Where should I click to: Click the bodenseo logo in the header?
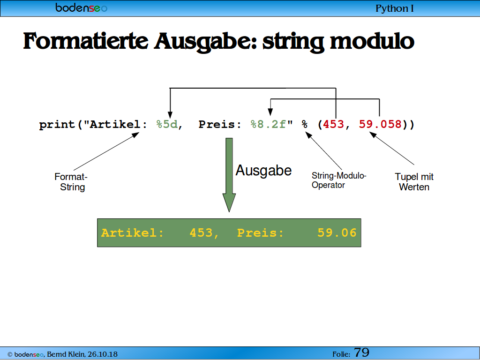[x=82, y=7]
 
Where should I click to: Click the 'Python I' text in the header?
[x=394, y=8]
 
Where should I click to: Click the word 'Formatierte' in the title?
[x=86, y=41]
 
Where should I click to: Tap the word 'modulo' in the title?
[x=372, y=41]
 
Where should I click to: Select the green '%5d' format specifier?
[x=167, y=124]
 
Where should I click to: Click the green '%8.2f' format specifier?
[x=268, y=124]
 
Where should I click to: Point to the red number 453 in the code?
[x=333, y=124]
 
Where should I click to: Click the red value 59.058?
[x=380, y=124]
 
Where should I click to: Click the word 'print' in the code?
[x=57, y=125]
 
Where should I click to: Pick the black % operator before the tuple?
[x=304, y=124]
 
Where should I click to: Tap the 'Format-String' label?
[x=71, y=182]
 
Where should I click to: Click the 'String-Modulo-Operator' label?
[x=339, y=180]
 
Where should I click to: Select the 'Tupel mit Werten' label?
[x=414, y=182]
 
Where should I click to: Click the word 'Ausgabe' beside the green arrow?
[x=263, y=171]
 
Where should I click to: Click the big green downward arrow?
[x=229, y=175]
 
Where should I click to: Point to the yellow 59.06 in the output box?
[x=337, y=233]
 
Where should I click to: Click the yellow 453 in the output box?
[x=201, y=233]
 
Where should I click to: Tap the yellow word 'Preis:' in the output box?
[x=261, y=233]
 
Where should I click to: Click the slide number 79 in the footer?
[x=361, y=352]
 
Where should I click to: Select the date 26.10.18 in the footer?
[x=103, y=354]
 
